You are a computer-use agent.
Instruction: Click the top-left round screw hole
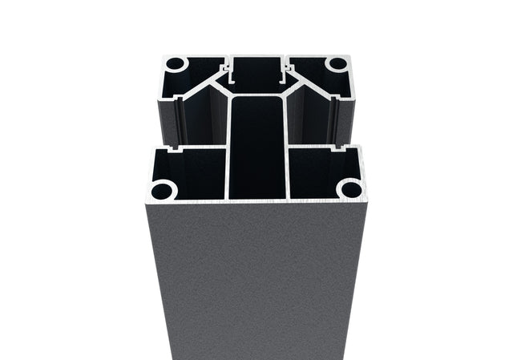176,64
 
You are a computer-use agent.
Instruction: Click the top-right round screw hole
337,64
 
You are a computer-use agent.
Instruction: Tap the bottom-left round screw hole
164,191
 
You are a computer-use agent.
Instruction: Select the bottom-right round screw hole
349,190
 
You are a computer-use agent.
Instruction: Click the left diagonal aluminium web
212,83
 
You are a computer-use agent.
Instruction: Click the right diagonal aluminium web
301,83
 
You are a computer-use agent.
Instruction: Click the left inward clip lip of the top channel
232,79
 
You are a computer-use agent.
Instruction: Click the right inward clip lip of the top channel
282,79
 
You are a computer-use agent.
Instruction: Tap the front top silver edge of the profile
256,202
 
